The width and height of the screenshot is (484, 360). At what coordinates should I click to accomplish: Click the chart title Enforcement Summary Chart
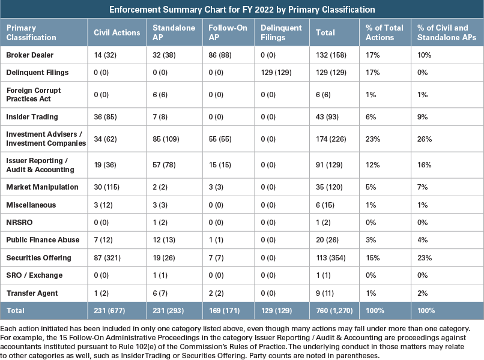click(x=241, y=10)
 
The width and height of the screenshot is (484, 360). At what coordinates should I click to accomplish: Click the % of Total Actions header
click(x=384, y=32)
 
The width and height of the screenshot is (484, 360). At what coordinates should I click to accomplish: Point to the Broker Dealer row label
click(x=30, y=55)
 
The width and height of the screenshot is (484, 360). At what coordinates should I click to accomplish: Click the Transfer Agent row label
click(x=31, y=293)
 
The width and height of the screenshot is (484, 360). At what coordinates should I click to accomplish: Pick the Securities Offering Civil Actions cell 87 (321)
click(x=106, y=258)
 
